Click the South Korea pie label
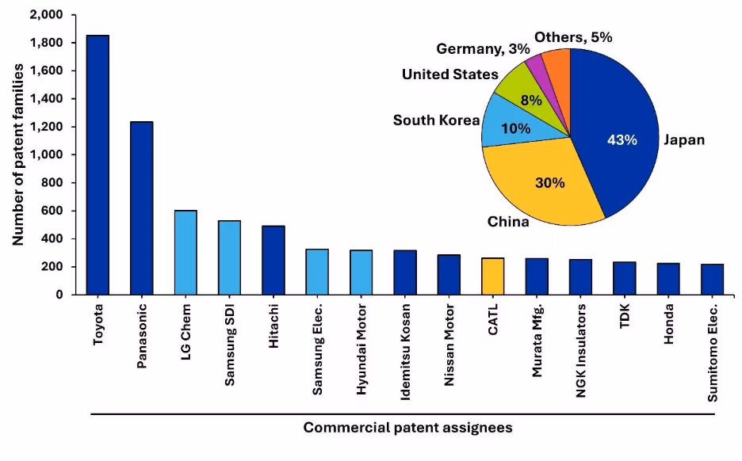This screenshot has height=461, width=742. pos(436,120)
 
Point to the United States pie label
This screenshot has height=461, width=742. pos(449,74)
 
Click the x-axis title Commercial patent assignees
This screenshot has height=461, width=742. pos(407,428)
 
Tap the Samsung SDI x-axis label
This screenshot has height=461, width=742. pos(229,345)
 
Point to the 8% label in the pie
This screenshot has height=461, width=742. pos(530,100)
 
